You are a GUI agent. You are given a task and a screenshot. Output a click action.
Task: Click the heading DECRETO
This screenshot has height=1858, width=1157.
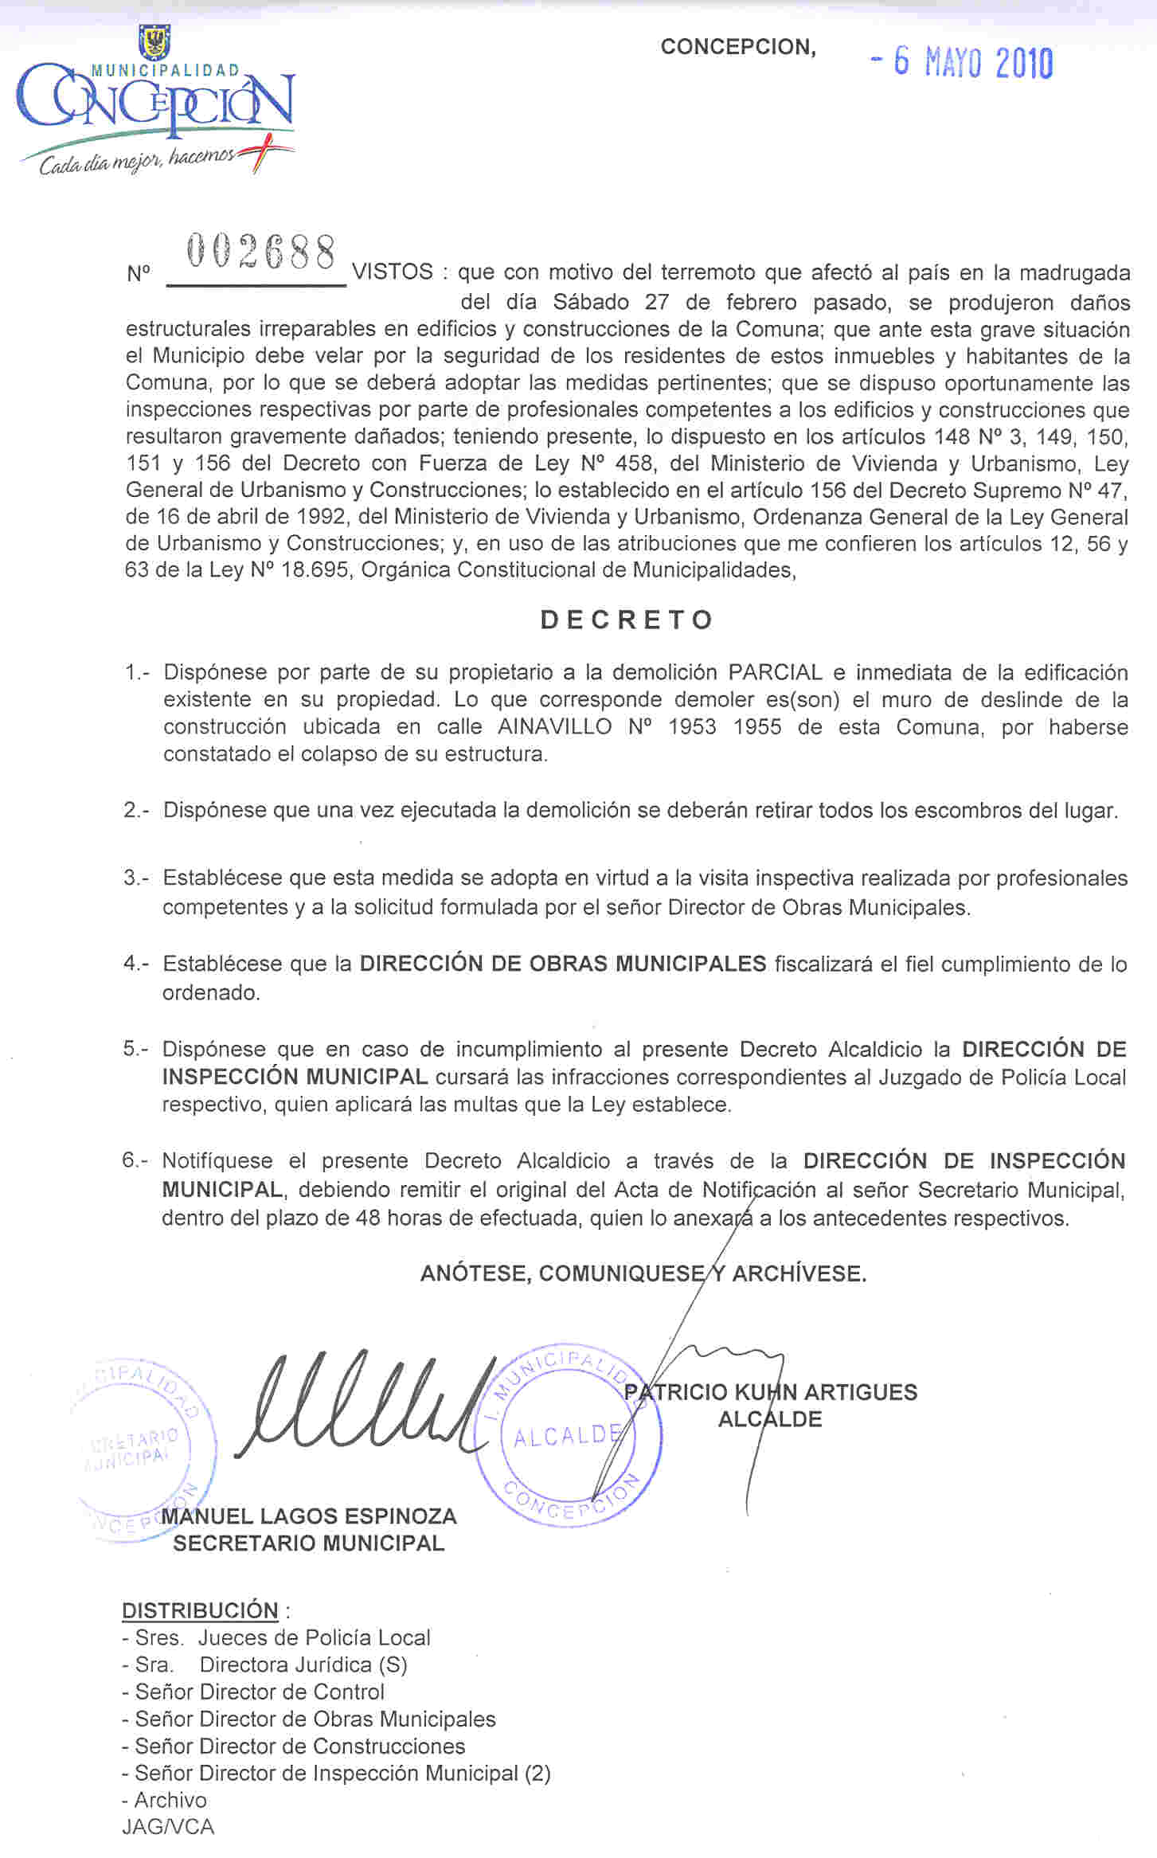(x=627, y=620)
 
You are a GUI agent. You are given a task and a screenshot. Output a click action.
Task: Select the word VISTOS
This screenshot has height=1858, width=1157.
(x=393, y=272)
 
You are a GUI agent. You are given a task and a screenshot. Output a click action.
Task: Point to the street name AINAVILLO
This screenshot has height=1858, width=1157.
(x=555, y=727)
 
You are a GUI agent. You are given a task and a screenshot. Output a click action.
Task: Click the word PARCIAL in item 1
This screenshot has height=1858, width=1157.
(x=775, y=672)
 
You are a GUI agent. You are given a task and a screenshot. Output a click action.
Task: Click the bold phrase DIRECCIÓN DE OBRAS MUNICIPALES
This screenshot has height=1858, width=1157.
(x=562, y=964)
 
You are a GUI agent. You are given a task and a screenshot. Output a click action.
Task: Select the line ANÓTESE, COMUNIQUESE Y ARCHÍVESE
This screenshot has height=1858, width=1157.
(x=643, y=1273)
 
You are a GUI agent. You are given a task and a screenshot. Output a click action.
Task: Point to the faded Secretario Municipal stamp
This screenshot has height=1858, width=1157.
(x=143, y=1449)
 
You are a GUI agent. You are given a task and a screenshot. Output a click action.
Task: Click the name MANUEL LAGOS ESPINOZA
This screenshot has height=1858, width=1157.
(x=309, y=1516)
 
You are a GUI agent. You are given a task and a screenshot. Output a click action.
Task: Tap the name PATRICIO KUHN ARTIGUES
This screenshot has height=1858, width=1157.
(x=771, y=1392)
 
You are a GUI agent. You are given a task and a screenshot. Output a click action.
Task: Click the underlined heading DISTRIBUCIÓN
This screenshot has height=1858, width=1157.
(x=200, y=1610)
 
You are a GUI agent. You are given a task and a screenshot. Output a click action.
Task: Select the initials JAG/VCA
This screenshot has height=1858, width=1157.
(x=168, y=1827)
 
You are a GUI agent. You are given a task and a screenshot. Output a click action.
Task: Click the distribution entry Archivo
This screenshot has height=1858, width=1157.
(x=170, y=1800)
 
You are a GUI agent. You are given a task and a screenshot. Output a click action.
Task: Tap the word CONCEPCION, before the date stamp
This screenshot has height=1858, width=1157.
(x=738, y=47)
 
